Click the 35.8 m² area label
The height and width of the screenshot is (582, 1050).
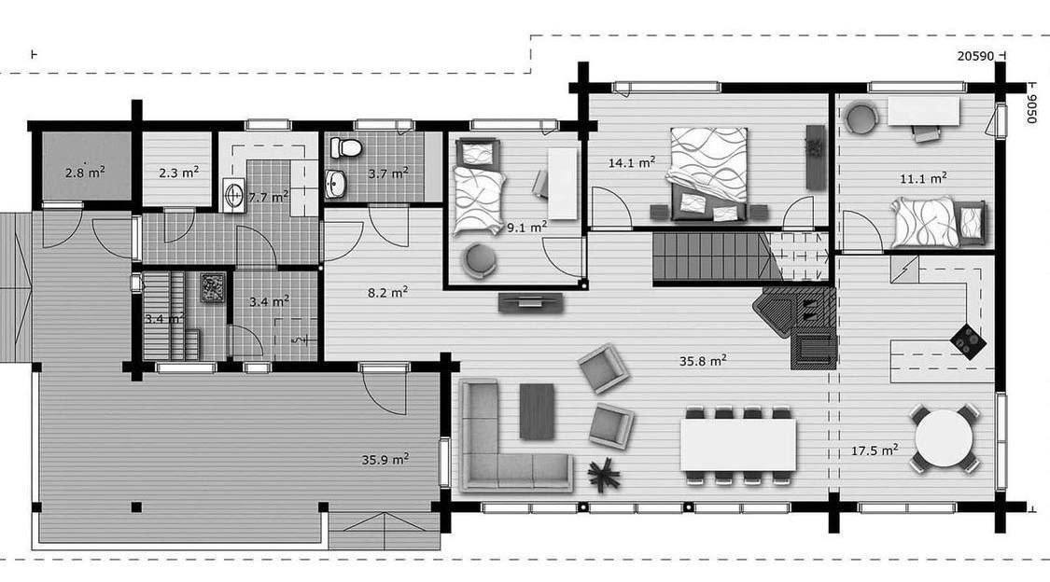[x=703, y=361]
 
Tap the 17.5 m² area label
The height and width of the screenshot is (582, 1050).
[x=875, y=450]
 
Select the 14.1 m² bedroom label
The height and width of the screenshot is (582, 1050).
[x=632, y=162]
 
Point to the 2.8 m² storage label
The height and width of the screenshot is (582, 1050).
[x=85, y=173]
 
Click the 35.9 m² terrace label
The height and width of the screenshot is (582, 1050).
[x=385, y=460]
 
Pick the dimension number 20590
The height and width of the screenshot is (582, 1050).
[x=975, y=56]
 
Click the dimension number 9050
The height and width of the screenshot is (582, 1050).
[x=1031, y=109]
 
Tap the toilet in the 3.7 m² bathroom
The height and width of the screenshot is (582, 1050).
[x=345, y=147]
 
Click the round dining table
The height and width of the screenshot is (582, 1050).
[x=945, y=439]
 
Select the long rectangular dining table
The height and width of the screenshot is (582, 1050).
[x=738, y=444]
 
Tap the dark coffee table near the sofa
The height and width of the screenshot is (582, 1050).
[x=537, y=410]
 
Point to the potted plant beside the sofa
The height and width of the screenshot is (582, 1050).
[x=604, y=474]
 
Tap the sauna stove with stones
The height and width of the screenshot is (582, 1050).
[x=214, y=287]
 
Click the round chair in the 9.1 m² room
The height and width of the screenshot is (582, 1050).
[x=479, y=259]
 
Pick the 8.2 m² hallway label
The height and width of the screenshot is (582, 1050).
[x=387, y=292]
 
